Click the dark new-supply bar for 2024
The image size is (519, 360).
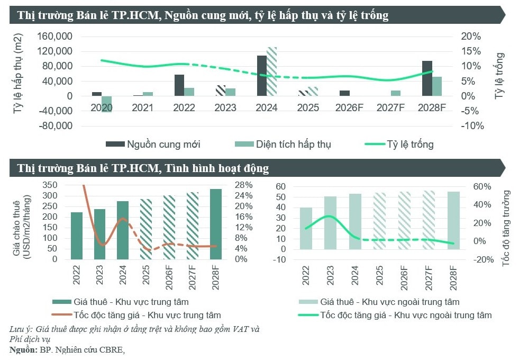[x=262, y=76]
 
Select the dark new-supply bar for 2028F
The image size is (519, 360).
[x=427, y=78]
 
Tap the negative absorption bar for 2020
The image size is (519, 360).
[x=107, y=104]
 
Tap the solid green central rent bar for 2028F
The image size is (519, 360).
[x=215, y=224]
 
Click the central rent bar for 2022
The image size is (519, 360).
[x=77, y=236]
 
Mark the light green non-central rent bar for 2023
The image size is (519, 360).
[x=330, y=223]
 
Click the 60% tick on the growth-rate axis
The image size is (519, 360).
[x=474, y=186]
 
